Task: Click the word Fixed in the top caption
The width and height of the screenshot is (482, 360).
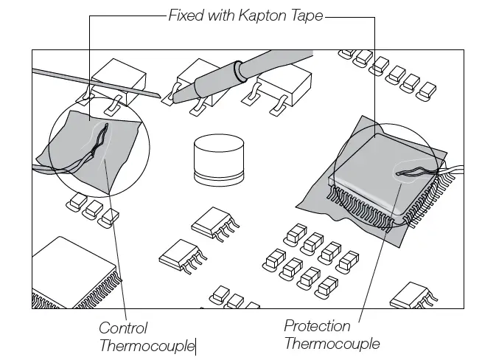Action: pyautogui.click(x=185, y=15)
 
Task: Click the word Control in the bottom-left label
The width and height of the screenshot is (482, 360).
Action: pyautogui.click(x=123, y=328)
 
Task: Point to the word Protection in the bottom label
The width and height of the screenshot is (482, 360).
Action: pyautogui.click(x=318, y=325)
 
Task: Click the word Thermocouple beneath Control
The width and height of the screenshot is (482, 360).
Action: pyautogui.click(x=145, y=345)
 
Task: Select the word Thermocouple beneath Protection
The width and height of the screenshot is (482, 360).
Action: pyautogui.click(x=332, y=343)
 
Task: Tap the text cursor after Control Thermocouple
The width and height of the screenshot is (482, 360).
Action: pyautogui.click(x=196, y=346)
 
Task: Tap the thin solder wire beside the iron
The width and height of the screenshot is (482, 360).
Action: pyautogui.click(x=96, y=84)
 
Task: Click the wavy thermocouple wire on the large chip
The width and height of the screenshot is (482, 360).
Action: pyautogui.click(x=419, y=173)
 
